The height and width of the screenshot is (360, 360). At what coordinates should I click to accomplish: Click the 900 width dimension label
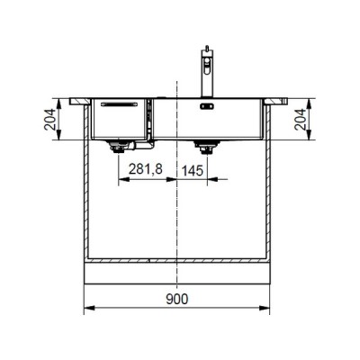(179, 299)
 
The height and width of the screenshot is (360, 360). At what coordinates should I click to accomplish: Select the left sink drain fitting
(118, 145)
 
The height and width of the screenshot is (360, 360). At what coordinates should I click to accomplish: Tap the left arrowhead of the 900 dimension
(86, 311)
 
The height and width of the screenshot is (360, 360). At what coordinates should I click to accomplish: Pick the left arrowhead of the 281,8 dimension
(121, 178)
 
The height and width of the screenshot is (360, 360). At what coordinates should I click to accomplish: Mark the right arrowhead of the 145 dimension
(212, 178)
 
